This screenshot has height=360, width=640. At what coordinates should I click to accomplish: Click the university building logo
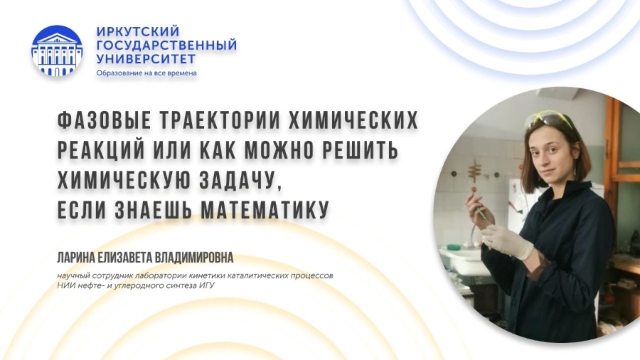coord(57,51)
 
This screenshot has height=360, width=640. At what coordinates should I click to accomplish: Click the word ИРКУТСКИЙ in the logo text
coord(138,31)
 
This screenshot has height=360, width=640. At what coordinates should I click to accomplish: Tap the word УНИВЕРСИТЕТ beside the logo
coord(146,59)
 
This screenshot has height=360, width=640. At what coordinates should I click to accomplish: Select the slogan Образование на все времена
coord(146,73)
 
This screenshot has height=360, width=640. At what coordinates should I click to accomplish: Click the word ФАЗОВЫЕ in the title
coord(105,120)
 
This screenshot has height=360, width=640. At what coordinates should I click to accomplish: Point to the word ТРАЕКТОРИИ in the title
coord(220,120)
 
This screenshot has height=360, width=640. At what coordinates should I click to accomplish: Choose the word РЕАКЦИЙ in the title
coord(101,150)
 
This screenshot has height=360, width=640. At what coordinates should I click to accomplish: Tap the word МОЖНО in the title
coord(280,150)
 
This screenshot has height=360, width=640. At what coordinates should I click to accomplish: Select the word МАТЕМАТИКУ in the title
coord(265,210)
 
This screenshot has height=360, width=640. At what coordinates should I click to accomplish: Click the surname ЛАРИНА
coord(75,258)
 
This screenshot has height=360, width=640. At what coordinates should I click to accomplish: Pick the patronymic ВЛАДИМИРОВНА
coord(194,258)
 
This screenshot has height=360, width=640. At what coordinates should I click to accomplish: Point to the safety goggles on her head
coord(549,120)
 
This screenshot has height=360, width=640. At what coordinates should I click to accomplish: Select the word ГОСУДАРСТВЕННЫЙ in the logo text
coord(166,45)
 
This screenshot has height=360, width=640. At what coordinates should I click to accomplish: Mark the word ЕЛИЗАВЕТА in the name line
coord(124,258)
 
